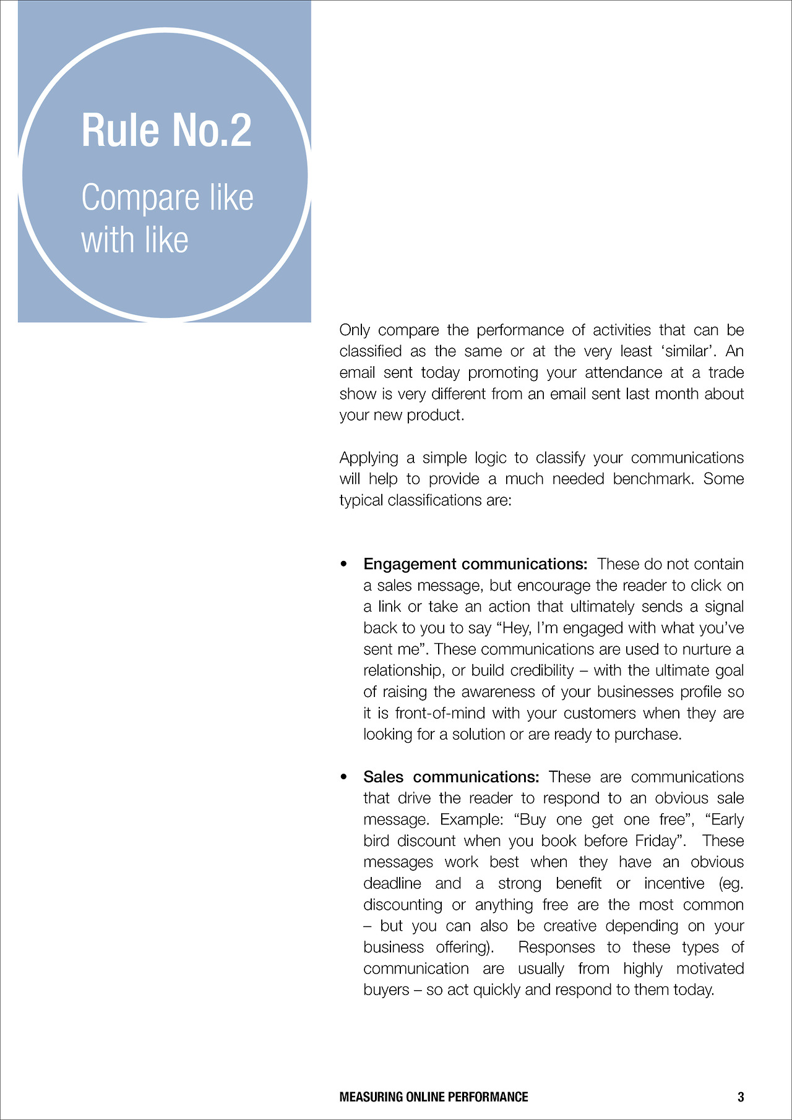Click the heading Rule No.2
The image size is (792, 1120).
(x=166, y=130)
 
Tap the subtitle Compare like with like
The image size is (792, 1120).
(x=167, y=218)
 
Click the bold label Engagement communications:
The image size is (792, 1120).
(x=475, y=564)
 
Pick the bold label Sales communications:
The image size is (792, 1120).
(x=451, y=777)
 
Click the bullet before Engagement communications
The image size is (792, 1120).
(x=344, y=565)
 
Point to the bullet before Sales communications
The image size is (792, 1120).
(x=344, y=777)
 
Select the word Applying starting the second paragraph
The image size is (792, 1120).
(x=369, y=458)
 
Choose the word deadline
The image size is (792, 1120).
(x=392, y=883)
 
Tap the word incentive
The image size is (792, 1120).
(x=674, y=883)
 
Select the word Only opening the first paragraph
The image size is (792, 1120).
(x=355, y=330)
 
